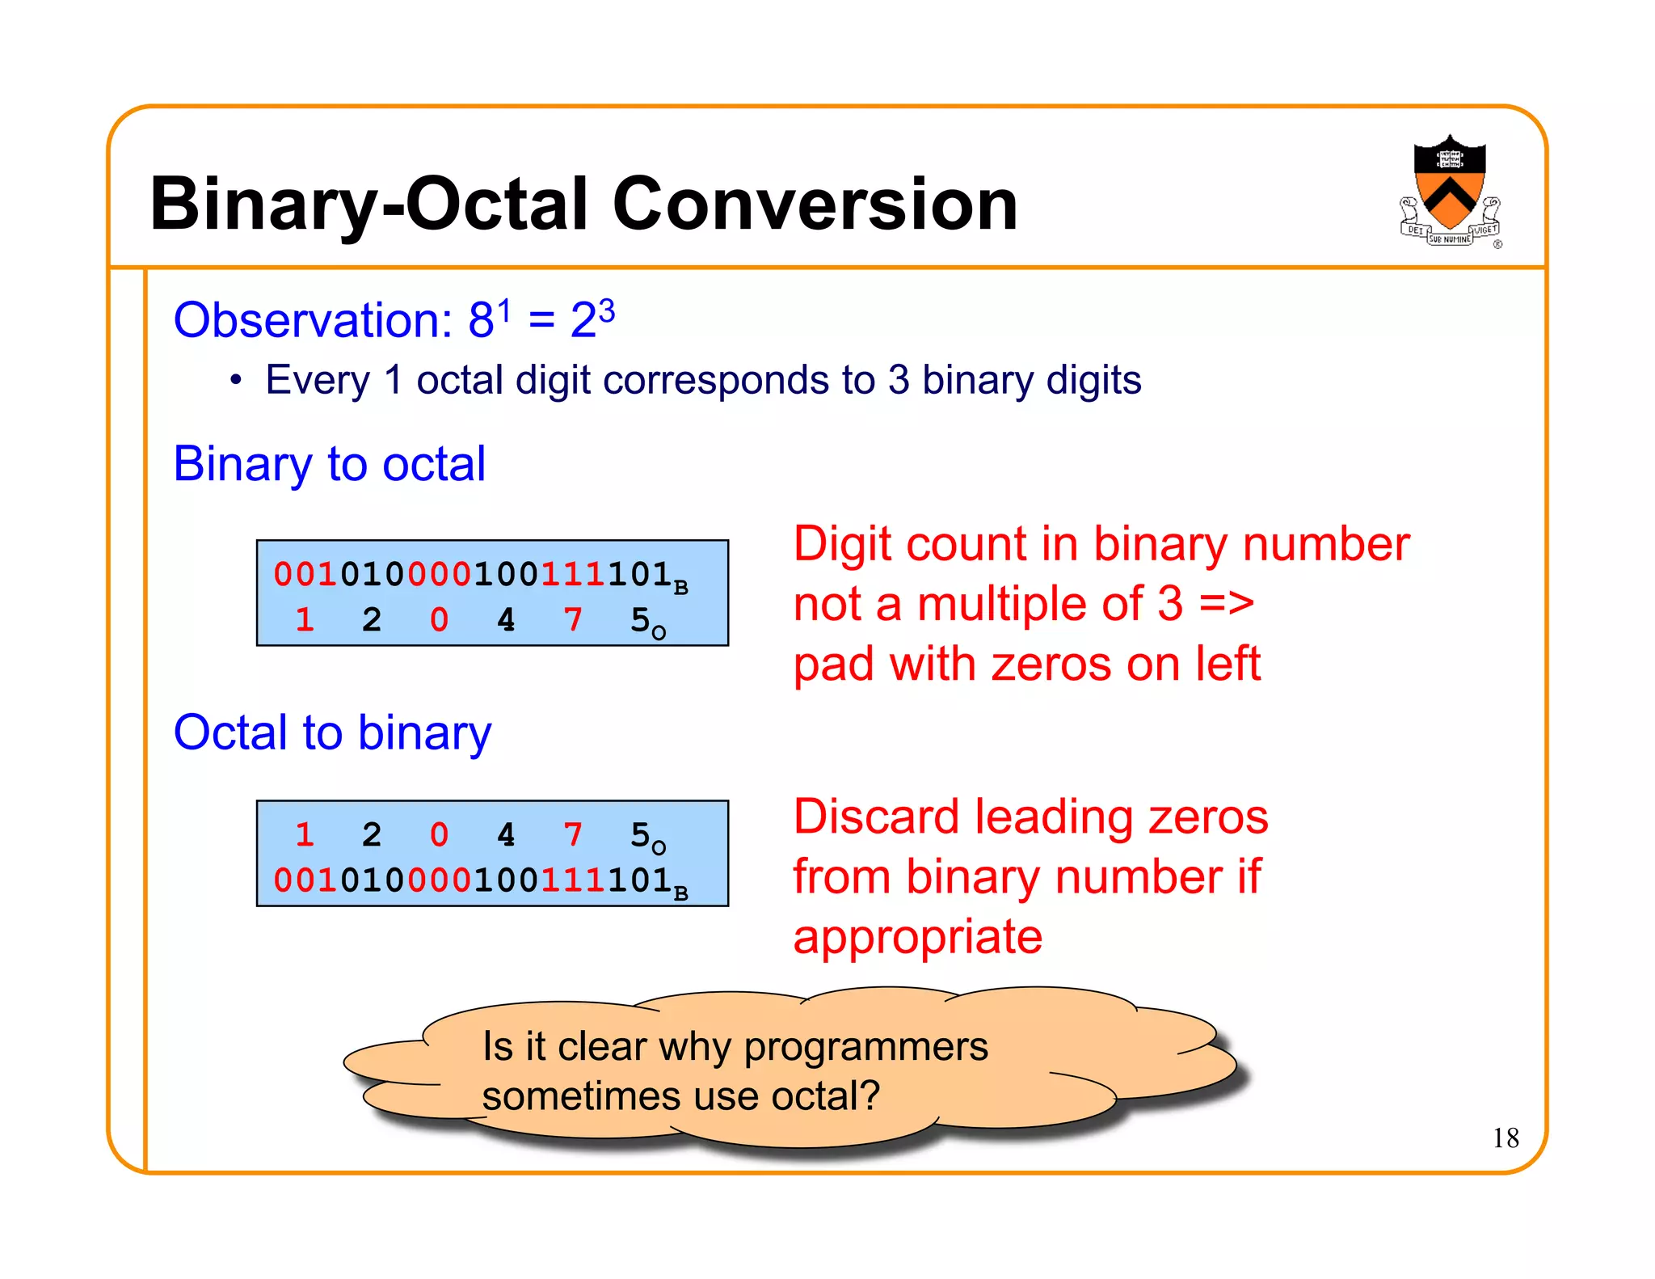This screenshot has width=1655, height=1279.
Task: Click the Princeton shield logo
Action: [1450, 191]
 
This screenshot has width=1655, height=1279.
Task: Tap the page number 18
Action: [1506, 1138]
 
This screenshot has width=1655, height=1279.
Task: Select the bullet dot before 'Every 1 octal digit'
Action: [235, 381]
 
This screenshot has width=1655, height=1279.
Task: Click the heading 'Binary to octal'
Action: [330, 464]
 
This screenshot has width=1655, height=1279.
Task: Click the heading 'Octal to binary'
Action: [332, 732]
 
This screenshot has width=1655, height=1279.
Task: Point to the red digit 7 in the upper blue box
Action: [573, 620]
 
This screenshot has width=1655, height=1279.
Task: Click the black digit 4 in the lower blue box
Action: [506, 834]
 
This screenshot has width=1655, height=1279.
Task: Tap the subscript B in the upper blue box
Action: [681, 588]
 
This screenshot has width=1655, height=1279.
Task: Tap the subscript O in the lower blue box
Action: [659, 847]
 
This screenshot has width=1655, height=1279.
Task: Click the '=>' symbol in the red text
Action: [1226, 604]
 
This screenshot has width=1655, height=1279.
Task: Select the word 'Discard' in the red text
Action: [876, 817]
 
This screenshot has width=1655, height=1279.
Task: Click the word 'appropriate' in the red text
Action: [917, 937]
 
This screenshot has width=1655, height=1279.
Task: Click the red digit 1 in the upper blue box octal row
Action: [305, 620]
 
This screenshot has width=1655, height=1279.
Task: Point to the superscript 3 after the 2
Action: [607, 310]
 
